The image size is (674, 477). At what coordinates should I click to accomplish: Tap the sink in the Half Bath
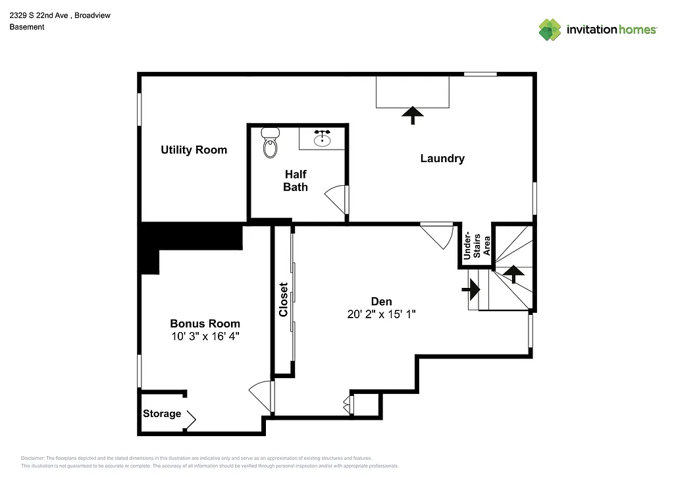pyautogui.click(x=322, y=139)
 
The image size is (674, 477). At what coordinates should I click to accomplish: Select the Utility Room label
pyautogui.click(x=194, y=150)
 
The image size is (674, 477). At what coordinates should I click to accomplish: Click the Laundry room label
pyautogui.click(x=442, y=159)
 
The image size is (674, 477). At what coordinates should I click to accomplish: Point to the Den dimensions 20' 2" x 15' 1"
pyautogui.click(x=382, y=314)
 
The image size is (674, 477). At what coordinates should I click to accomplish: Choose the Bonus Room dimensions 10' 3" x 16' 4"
pyautogui.click(x=205, y=336)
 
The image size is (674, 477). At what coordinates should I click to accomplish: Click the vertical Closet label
pyautogui.click(x=283, y=300)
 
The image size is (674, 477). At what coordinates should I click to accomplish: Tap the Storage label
pyautogui.click(x=162, y=414)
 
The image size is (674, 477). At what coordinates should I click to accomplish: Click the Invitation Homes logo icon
pyautogui.click(x=550, y=30)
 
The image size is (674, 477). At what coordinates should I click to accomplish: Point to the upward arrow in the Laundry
pyautogui.click(x=413, y=115)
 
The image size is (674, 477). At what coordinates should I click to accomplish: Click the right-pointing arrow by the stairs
pyautogui.click(x=472, y=288)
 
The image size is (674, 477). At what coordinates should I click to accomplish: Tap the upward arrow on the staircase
pyautogui.click(x=513, y=273)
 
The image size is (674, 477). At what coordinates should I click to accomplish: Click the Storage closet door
pyautogui.click(x=191, y=418)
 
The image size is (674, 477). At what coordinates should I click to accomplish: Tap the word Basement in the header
pyautogui.click(x=27, y=27)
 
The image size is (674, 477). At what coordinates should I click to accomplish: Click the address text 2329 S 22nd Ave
pyautogui.click(x=41, y=15)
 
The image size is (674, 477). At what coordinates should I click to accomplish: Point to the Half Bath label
pyautogui.click(x=296, y=181)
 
